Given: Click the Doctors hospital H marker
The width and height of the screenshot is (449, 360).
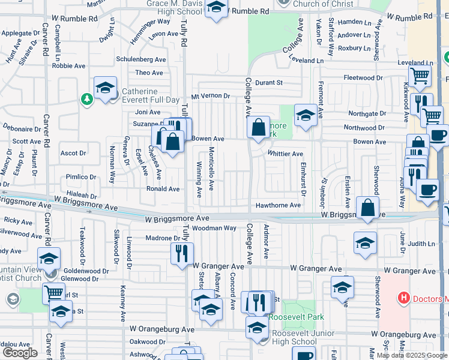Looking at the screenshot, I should pyautogui.click(x=404, y=298).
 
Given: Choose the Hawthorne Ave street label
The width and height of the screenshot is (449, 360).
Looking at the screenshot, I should pyautogui.click(x=278, y=205).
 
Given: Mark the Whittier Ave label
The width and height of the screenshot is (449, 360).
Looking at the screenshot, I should pyautogui.click(x=285, y=154).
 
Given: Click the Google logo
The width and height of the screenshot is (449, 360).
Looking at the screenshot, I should pyautogui.click(x=20, y=352).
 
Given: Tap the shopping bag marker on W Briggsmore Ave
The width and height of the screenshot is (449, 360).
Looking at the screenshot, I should pyautogui.click(x=367, y=208).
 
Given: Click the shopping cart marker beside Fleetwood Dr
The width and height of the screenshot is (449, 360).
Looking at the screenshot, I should pyautogui.click(x=420, y=76).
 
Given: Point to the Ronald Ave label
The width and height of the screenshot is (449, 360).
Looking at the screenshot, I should pyautogui.click(x=163, y=188).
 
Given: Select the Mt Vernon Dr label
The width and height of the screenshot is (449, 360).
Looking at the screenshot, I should pyautogui.click(x=210, y=96).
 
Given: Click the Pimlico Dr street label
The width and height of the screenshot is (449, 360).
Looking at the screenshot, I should pyautogui.click(x=81, y=177).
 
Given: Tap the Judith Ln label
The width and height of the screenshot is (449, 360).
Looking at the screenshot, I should pyautogui.click(x=423, y=244).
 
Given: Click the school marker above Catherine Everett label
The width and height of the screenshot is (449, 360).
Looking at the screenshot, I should pyautogui.click(x=105, y=87).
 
